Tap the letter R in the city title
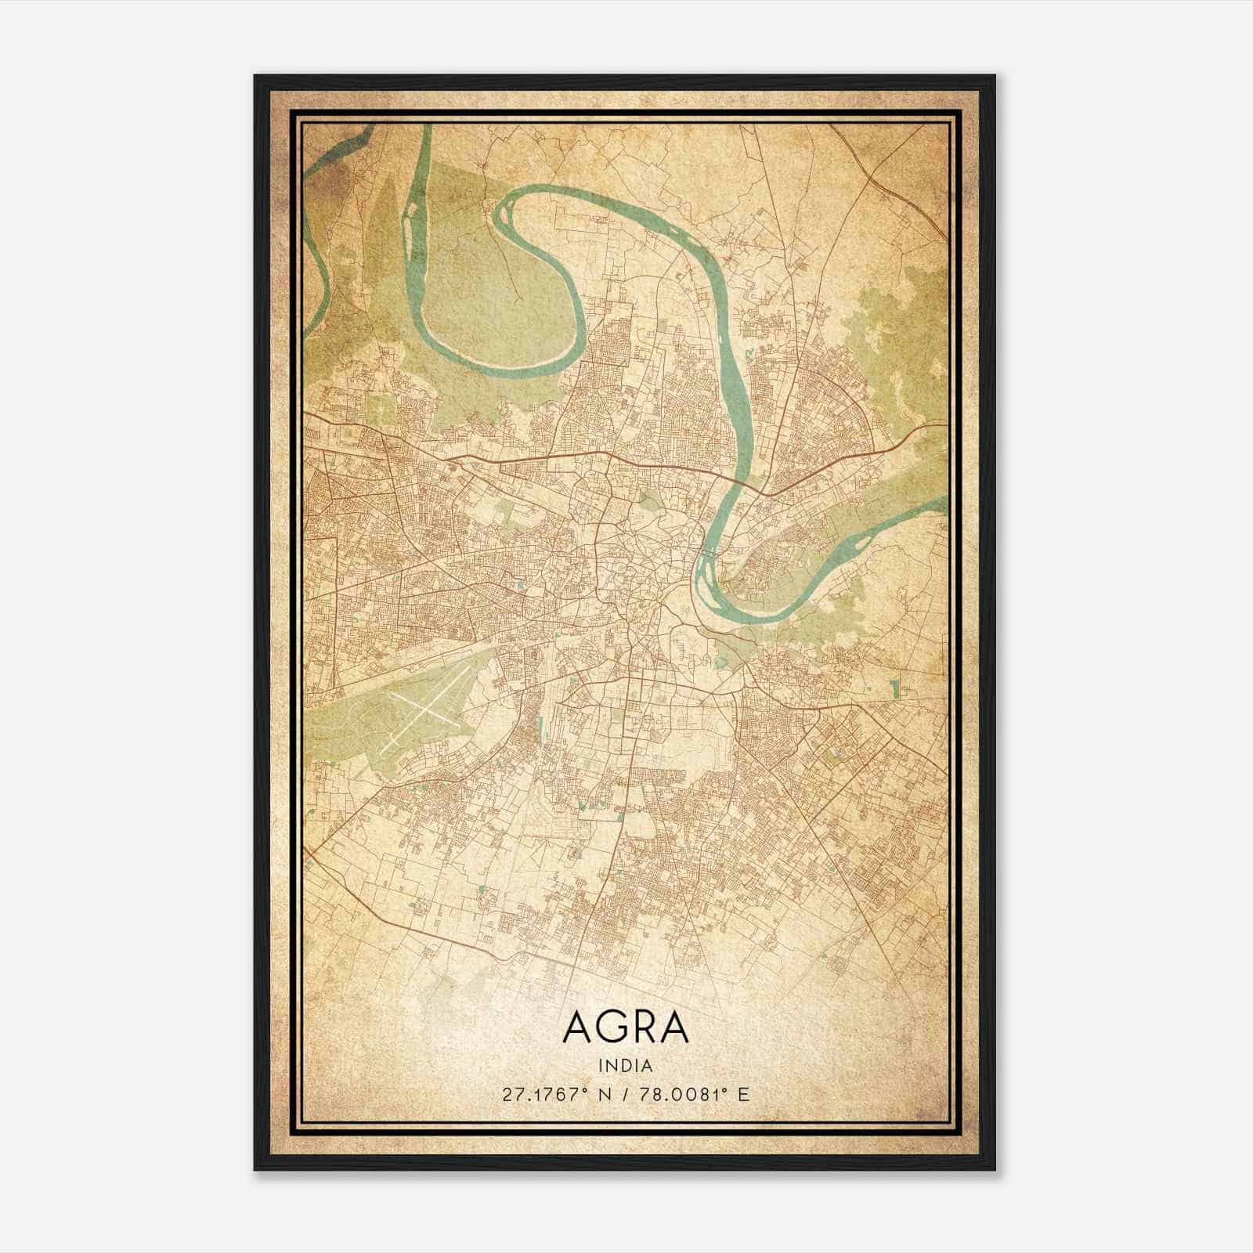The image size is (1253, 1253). tap(641, 1027)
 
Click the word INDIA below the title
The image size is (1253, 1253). tap(626, 1066)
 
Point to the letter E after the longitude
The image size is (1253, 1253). tap(744, 1094)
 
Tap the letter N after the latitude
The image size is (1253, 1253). tap(604, 1094)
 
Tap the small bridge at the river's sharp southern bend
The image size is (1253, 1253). tap(710, 554)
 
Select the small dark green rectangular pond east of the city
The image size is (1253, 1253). tap(894, 689)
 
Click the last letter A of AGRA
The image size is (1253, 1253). tap(674, 1027)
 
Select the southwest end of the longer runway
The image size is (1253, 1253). tap(384, 750)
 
